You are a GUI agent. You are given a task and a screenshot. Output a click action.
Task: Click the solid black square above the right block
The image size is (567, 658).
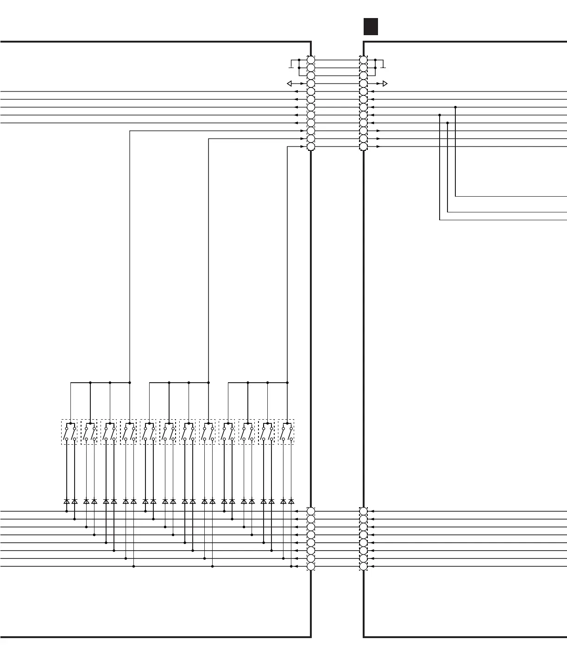371,27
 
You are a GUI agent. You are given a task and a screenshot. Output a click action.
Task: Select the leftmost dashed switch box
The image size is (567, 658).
69,432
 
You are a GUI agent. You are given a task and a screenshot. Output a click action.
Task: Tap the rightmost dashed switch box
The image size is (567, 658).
286,432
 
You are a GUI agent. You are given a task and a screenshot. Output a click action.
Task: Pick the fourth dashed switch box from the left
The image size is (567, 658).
128,432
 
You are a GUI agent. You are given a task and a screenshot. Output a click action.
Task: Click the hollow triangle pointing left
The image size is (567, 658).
290,84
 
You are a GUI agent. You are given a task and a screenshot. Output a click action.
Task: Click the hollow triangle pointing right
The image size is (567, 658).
384,84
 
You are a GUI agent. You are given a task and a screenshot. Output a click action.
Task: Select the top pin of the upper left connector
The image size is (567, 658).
311,60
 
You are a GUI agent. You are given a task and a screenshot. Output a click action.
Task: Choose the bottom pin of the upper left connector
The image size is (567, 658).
311,147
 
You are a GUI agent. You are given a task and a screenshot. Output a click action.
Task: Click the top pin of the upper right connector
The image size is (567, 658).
364,60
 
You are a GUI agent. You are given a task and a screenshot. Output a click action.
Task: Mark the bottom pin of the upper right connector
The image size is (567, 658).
364,147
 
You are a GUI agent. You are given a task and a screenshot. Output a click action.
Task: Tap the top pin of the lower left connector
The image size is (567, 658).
311,511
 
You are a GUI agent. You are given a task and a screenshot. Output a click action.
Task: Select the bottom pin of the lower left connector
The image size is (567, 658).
311,566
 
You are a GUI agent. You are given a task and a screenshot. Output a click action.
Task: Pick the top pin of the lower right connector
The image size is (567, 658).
364,511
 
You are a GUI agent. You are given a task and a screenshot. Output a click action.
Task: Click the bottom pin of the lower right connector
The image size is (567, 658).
364,566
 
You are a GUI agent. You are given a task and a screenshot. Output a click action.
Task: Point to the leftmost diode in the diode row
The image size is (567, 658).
67,501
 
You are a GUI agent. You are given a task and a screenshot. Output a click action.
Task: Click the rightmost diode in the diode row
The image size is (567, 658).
291,501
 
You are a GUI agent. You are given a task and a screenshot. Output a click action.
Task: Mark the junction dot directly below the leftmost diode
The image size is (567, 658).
67,511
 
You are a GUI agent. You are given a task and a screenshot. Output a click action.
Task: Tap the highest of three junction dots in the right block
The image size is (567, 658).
455,107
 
